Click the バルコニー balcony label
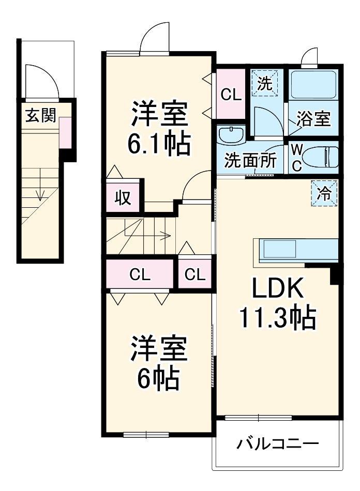point(278,443)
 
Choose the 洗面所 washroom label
point(250,161)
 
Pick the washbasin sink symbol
point(231,136)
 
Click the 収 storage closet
point(122,197)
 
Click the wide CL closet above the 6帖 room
point(140,274)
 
